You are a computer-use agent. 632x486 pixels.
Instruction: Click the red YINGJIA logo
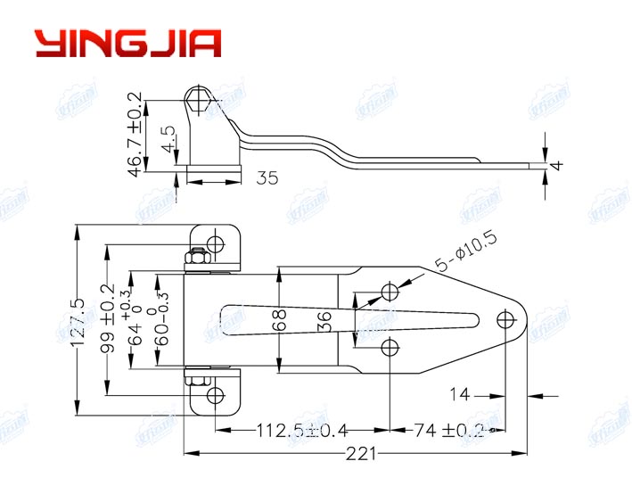click(127, 42)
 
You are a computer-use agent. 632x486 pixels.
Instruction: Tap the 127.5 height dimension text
click(79, 322)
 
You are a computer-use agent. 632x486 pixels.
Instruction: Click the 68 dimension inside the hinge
click(278, 319)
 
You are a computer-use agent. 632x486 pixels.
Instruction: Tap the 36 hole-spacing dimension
click(325, 319)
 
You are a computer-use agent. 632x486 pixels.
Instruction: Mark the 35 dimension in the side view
click(266, 178)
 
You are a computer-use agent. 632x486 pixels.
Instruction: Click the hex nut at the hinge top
click(195, 259)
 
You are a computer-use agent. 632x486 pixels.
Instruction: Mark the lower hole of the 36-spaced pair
click(389, 346)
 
